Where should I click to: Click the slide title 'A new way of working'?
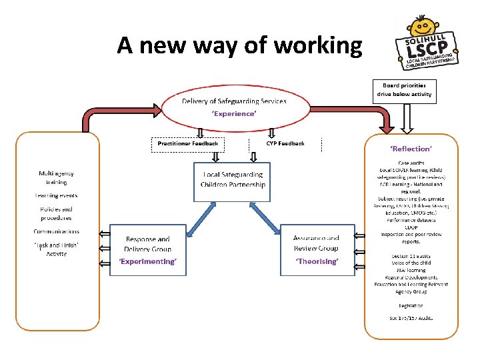[x=239, y=45]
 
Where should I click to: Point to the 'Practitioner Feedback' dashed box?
[x=187, y=143]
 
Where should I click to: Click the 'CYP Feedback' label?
[x=285, y=143]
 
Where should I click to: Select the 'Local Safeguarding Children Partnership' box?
[x=232, y=181]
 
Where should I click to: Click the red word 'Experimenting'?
[x=147, y=262]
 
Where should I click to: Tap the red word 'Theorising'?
[x=317, y=262]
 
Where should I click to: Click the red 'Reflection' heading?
[x=411, y=149]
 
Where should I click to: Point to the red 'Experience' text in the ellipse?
[x=233, y=114]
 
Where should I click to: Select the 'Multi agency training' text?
[x=56, y=177]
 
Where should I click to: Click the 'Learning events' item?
[x=56, y=195]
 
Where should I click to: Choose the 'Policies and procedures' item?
[x=56, y=213]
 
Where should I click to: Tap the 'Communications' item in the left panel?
[x=56, y=231]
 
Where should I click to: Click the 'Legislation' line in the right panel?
[x=411, y=305]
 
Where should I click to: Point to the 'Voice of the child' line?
[x=411, y=263]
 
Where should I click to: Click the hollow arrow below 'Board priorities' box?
[x=409, y=118]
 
